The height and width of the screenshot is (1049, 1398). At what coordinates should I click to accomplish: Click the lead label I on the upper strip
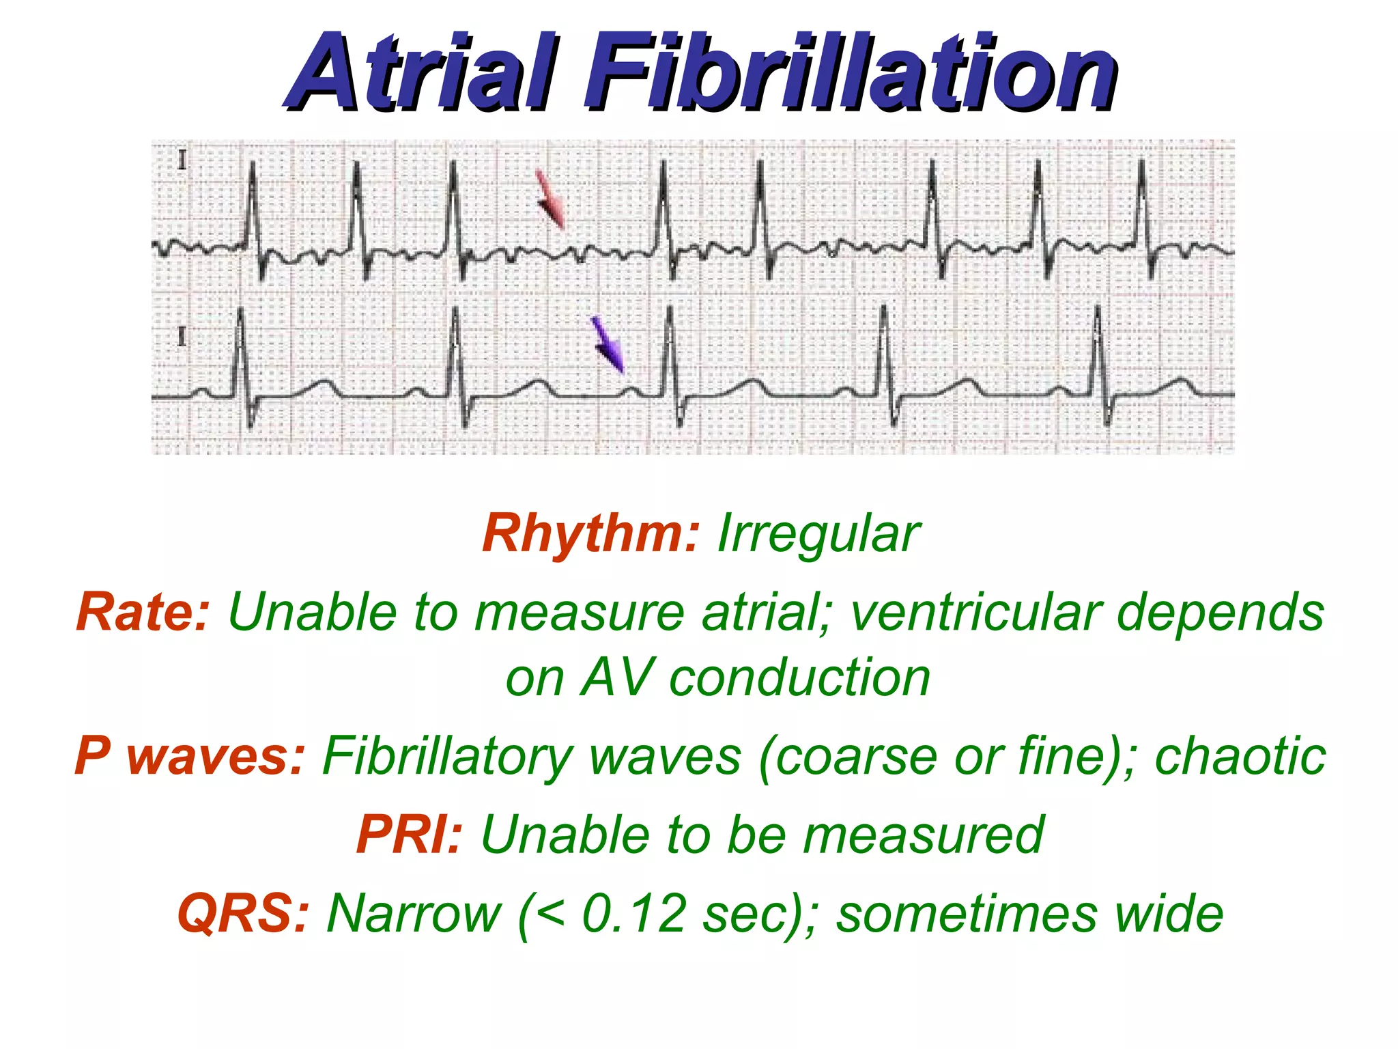(x=182, y=161)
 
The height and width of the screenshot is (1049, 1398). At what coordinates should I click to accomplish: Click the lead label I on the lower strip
(x=182, y=337)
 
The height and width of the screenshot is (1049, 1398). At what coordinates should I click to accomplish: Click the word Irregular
(x=818, y=533)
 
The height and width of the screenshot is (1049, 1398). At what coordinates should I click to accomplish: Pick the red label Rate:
(x=142, y=612)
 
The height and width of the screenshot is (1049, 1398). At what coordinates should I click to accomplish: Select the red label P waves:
(x=189, y=756)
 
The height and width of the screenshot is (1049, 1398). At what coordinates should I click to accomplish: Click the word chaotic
(x=1240, y=756)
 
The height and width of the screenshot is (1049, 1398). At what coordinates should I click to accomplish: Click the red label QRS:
(x=243, y=913)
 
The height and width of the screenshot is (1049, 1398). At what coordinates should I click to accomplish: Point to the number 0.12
(x=634, y=913)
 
